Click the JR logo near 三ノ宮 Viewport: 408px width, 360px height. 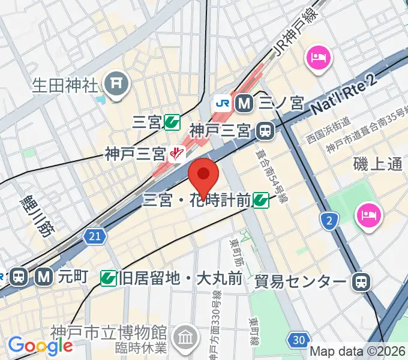(222, 103)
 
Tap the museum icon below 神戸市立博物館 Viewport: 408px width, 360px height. (185, 337)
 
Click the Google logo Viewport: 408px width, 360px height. (40, 345)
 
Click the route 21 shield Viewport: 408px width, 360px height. (93, 236)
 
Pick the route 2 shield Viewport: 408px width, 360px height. (328, 222)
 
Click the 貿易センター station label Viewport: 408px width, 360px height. (300, 281)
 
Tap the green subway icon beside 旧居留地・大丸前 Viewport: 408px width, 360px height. (109, 277)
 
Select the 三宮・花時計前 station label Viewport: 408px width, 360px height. (196, 200)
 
